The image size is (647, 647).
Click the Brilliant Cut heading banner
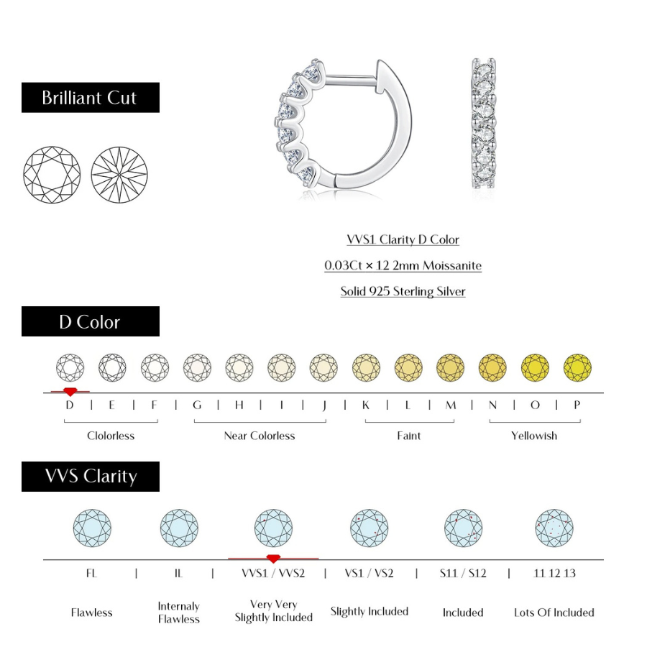(x=90, y=98)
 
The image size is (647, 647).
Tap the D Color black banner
(x=90, y=321)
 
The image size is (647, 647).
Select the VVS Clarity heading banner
(x=90, y=476)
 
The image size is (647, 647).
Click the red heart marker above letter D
(x=70, y=391)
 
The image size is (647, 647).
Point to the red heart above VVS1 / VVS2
(x=273, y=558)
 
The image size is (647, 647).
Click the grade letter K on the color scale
(x=366, y=405)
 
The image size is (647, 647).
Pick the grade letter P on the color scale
(x=577, y=405)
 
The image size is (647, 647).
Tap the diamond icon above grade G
(x=197, y=367)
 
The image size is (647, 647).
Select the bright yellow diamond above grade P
(x=577, y=367)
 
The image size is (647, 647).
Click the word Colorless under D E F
(x=111, y=436)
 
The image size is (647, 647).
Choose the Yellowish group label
(x=534, y=436)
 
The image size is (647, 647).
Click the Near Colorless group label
(x=260, y=436)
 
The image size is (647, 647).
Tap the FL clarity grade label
(x=91, y=573)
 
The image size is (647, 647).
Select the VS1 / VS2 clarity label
(x=370, y=573)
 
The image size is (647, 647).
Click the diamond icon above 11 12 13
(x=554, y=528)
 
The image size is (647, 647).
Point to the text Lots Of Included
(x=554, y=612)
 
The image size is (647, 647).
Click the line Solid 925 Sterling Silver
(x=403, y=291)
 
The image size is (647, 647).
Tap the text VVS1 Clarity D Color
(x=403, y=239)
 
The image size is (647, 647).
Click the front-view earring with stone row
(x=484, y=124)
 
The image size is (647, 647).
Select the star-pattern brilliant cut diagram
(x=119, y=175)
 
